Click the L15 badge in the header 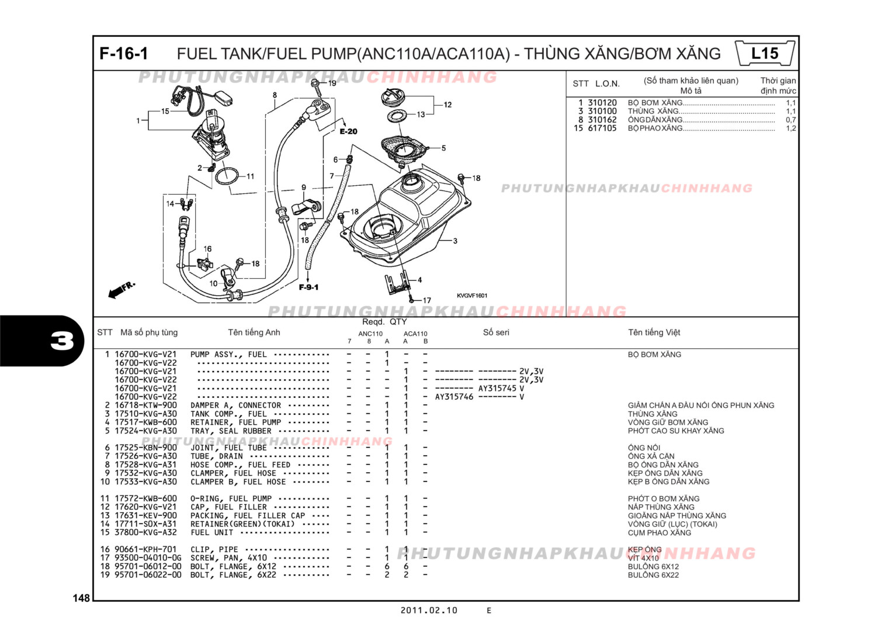765,54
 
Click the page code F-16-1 124,54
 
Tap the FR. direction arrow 122,289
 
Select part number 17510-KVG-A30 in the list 145,414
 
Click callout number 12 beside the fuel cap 447,105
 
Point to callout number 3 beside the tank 455,241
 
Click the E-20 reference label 348,131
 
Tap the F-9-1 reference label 308,287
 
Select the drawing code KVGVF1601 472,296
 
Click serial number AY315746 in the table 454,397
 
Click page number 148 81,598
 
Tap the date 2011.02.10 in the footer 429,611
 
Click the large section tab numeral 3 62,341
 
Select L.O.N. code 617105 602,129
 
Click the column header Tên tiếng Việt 654,332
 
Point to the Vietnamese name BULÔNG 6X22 653,575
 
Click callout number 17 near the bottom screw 427,300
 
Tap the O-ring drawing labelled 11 227,175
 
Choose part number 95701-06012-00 148,566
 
